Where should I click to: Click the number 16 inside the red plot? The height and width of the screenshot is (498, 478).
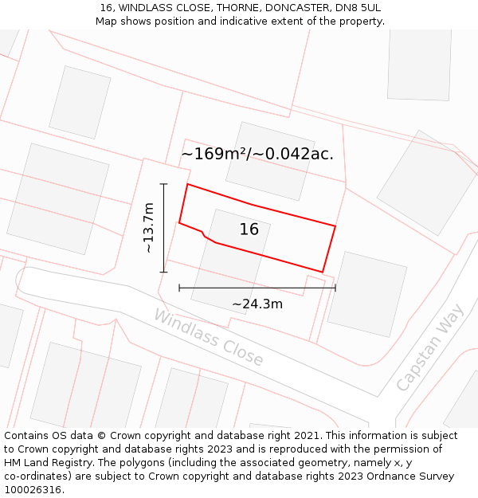click(249, 229)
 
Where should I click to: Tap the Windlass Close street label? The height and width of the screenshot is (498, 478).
click(208, 338)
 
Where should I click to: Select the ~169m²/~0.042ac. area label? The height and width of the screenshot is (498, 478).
click(257, 154)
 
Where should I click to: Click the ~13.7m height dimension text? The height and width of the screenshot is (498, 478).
click(148, 228)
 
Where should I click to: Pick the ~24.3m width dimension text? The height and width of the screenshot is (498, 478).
click(257, 304)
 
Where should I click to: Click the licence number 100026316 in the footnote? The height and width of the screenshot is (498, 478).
click(33, 489)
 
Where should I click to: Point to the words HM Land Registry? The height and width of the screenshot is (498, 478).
click(47, 462)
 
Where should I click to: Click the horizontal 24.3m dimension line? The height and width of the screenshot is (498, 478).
click(257, 288)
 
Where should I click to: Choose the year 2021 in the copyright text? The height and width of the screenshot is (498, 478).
click(306, 435)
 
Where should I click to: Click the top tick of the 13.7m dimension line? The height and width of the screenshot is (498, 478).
click(164, 184)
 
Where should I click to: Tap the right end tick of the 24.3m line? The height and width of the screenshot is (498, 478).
click(335, 288)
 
